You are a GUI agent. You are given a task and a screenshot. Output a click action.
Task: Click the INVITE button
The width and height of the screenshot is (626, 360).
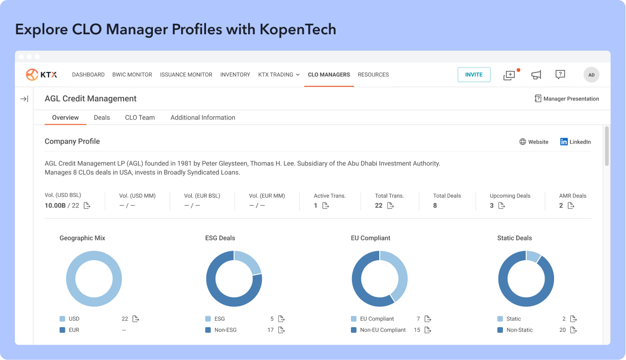pos(474,74)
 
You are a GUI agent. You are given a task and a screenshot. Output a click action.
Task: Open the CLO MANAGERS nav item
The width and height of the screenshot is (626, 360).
pos(329,74)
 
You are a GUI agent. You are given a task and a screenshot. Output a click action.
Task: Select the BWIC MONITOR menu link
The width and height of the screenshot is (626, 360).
pos(132,74)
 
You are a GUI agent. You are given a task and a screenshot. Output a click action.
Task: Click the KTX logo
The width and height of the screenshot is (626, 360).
pos(41,74)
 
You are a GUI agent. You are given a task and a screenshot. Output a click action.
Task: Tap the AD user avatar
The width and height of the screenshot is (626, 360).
pos(591,74)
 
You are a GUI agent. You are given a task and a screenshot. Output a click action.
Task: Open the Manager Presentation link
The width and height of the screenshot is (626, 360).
pos(567,99)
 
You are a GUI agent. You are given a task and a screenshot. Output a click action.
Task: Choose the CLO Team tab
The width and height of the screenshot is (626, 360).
pos(139,118)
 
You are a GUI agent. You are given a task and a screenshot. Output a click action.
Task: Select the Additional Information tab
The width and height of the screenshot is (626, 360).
pos(203,118)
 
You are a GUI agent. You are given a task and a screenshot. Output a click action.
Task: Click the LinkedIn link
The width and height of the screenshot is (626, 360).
pos(575,142)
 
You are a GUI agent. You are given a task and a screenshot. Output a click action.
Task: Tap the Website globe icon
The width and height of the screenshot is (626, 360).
pos(523,142)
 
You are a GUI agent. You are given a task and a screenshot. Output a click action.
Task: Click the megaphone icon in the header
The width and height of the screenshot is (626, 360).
pos(536,74)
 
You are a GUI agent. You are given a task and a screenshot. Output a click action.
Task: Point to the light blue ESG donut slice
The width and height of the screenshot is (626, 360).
pos(249,261)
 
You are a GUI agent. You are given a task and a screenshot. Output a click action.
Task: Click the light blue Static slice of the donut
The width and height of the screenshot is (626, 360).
pos(533,256)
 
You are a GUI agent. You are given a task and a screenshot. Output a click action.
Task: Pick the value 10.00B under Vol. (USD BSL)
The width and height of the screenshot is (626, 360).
pos(55,206)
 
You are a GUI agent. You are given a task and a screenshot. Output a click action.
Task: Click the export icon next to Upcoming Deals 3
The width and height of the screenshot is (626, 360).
pos(501,206)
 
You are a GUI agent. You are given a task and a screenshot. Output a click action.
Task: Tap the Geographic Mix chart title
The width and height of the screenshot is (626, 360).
pos(82,238)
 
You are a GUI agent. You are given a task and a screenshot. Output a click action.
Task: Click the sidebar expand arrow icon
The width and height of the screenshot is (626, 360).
pos(24,99)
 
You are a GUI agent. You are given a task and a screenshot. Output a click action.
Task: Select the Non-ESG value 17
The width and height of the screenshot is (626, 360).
pos(270,330)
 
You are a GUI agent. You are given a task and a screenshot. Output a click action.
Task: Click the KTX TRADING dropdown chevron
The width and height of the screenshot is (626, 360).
pos(298,74)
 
